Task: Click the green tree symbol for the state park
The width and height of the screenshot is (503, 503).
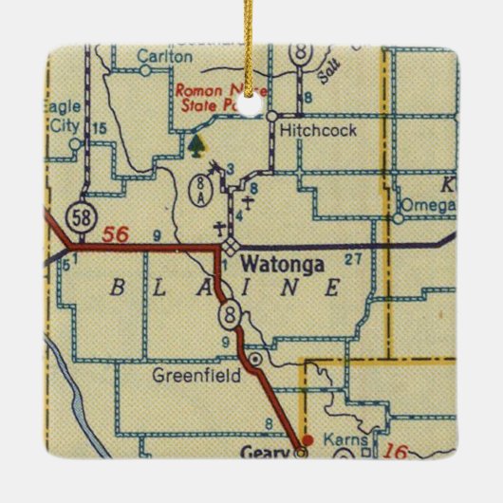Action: pyautogui.click(x=196, y=145)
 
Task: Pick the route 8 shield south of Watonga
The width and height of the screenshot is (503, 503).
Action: pyautogui.click(x=226, y=315)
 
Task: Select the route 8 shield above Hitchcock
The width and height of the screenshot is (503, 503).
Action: pyautogui.click(x=302, y=56)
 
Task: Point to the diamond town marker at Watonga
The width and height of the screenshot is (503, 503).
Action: pyautogui.click(x=231, y=247)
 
